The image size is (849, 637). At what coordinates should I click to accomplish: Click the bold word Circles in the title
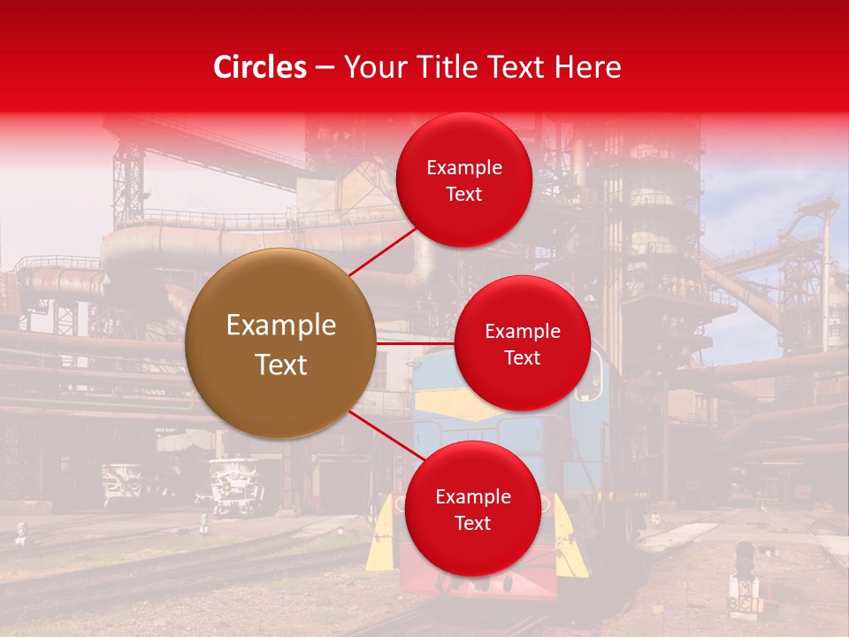(x=259, y=67)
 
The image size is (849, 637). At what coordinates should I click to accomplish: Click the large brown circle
(x=280, y=343)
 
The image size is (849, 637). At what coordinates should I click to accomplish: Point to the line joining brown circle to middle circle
(x=415, y=342)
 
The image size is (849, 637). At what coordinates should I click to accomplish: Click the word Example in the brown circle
(x=281, y=326)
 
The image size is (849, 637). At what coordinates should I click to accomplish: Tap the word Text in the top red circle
(x=464, y=195)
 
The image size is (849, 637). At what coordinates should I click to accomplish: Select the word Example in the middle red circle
(x=523, y=332)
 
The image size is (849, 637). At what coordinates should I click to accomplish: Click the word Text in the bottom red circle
(x=472, y=524)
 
